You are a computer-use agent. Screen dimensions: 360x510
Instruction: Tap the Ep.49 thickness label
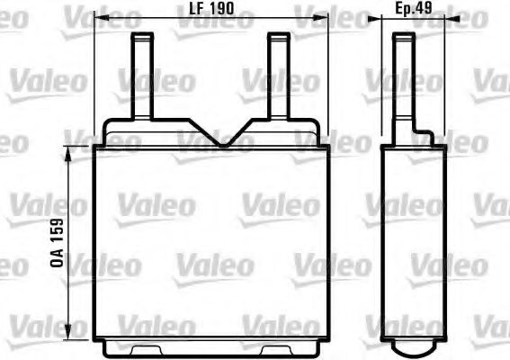click(415, 10)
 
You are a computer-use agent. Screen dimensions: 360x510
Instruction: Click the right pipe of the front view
click(277, 76)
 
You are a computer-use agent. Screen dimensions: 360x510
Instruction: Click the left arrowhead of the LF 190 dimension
click(99, 20)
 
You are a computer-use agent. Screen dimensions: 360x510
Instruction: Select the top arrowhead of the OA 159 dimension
click(67, 145)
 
